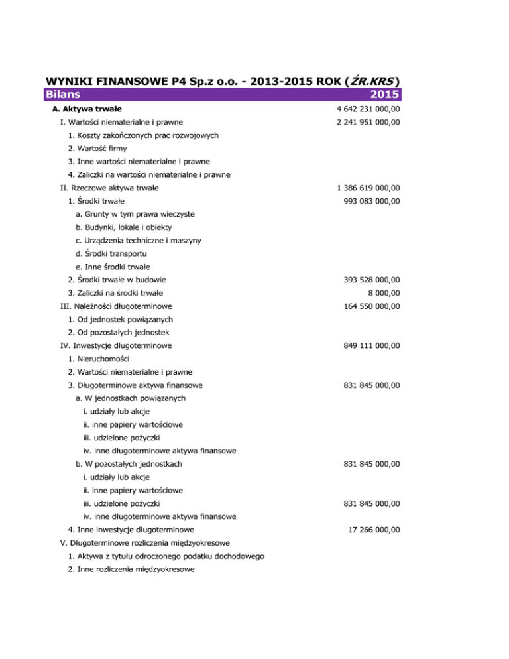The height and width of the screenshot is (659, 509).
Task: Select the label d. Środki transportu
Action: pos(111,253)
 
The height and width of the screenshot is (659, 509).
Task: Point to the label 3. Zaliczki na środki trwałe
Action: pos(116,292)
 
